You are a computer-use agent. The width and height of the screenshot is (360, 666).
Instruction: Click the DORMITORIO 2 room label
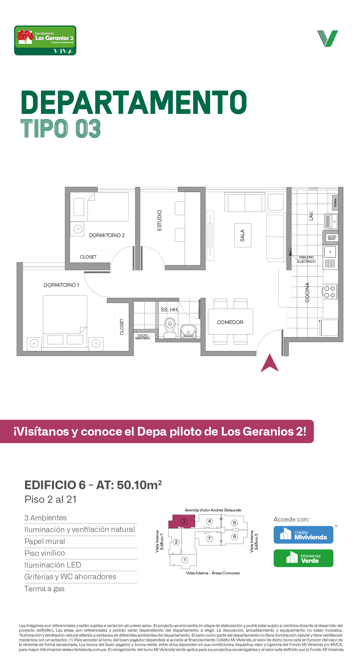(x=107, y=235)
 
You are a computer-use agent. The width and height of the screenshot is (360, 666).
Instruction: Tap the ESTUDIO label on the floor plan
(x=160, y=220)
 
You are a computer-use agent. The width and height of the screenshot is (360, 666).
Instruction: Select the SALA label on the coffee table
(x=242, y=235)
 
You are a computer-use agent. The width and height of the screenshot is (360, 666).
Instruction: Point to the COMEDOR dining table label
(x=230, y=322)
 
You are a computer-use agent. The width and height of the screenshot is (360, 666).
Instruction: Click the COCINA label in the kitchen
(x=307, y=292)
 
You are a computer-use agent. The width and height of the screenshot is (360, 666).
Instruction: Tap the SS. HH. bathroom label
(x=170, y=310)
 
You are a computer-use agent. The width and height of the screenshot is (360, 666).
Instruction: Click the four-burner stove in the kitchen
(x=330, y=292)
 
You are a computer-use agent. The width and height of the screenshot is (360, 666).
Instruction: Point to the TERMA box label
(x=335, y=203)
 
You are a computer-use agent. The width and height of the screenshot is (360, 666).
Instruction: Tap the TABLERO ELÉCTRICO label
(x=306, y=259)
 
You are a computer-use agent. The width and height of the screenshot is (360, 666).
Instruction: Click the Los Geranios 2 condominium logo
(x=45, y=40)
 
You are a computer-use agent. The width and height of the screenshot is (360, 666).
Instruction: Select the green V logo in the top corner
(x=328, y=39)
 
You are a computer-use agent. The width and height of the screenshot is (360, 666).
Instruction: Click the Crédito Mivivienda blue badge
(x=303, y=535)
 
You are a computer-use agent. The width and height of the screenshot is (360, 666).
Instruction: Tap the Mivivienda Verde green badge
(x=303, y=558)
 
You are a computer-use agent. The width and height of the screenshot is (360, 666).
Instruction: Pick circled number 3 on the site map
(x=184, y=521)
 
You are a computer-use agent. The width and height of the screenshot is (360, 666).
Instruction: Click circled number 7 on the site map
(x=209, y=538)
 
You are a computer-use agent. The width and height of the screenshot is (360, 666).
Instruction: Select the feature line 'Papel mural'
(x=45, y=541)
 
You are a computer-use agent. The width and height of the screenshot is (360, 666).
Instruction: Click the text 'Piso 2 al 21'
(x=51, y=499)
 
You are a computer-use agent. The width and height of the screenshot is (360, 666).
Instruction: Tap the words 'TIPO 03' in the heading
(x=61, y=129)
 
